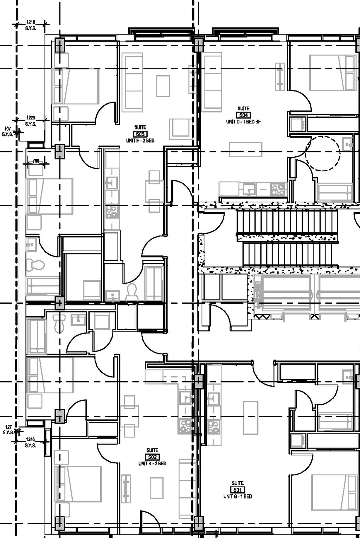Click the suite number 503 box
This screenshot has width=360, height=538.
140,134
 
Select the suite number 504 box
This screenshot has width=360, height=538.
243,115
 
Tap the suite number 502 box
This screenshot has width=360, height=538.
152,457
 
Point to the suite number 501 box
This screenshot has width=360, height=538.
238,490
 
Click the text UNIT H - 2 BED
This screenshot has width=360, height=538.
140,140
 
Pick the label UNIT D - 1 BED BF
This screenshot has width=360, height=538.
243,122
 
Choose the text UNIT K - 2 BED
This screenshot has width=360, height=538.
152,463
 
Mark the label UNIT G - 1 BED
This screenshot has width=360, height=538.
238,496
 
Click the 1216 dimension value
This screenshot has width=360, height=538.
31,22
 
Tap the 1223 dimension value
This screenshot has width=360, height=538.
31,118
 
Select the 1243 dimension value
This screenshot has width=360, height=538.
31,439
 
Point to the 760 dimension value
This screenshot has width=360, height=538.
36,161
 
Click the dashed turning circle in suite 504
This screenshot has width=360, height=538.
323,153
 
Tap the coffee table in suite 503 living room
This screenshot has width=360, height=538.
163,86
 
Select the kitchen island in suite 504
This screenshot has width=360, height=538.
245,149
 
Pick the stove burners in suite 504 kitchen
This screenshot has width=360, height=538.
278,189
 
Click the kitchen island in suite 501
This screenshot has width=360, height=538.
251,418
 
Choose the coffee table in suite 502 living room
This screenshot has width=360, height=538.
156,488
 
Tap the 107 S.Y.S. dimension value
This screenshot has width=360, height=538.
7,129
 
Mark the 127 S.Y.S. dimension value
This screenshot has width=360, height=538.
8,427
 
